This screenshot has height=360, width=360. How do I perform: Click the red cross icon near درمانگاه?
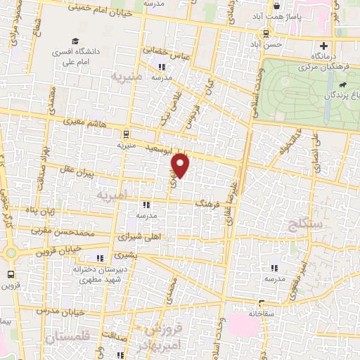tap(323, 46)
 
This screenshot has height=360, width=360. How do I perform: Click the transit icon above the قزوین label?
tap(11, 274)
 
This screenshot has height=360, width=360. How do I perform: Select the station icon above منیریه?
tap(126, 134)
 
